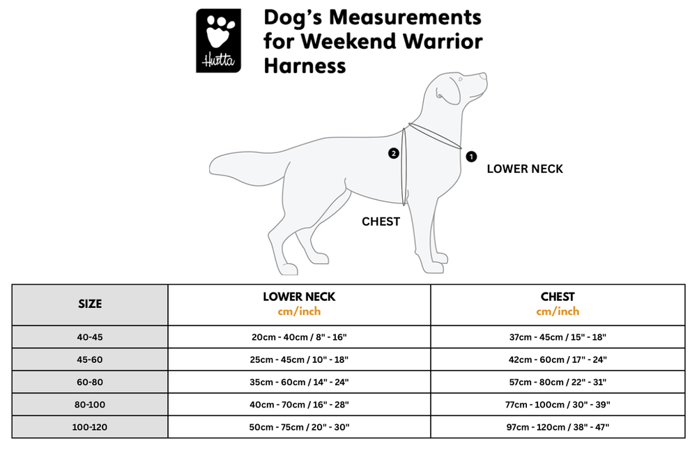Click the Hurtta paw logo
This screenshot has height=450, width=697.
click(x=218, y=40)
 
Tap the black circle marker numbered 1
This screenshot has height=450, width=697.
click(x=471, y=156)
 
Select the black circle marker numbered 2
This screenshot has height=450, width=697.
click(x=393, y=153)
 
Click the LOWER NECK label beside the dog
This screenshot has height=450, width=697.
click(x=525, y=169)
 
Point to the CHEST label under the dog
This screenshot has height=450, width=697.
click(x=381, y=222)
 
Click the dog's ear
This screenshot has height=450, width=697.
click(x=449, y=91)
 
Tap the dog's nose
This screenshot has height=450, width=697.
click(x=484, y=77)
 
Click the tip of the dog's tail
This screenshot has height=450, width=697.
click(x=210, y=168)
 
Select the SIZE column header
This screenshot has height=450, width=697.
click(x=90, y=304)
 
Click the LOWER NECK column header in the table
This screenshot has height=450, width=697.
click(x=299, y=297)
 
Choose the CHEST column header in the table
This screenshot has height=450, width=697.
click(x=558, y=297)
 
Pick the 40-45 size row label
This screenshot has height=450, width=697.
click(x=90, y=337)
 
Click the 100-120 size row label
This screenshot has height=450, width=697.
click(x=90, y=427)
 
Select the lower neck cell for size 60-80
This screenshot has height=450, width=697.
click(x=299, y=382)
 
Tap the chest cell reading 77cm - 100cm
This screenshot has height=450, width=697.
click(x=558, y=405)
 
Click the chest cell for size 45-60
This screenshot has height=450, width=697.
click(x=558, y=360)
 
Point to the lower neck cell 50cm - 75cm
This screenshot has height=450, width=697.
click(x=299, y=427)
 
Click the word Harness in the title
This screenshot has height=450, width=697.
click(x=305, y=65)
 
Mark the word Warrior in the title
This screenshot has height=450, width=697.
click(x=443, y=41)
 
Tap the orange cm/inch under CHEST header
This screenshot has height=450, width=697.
click(x=558, y=311)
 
